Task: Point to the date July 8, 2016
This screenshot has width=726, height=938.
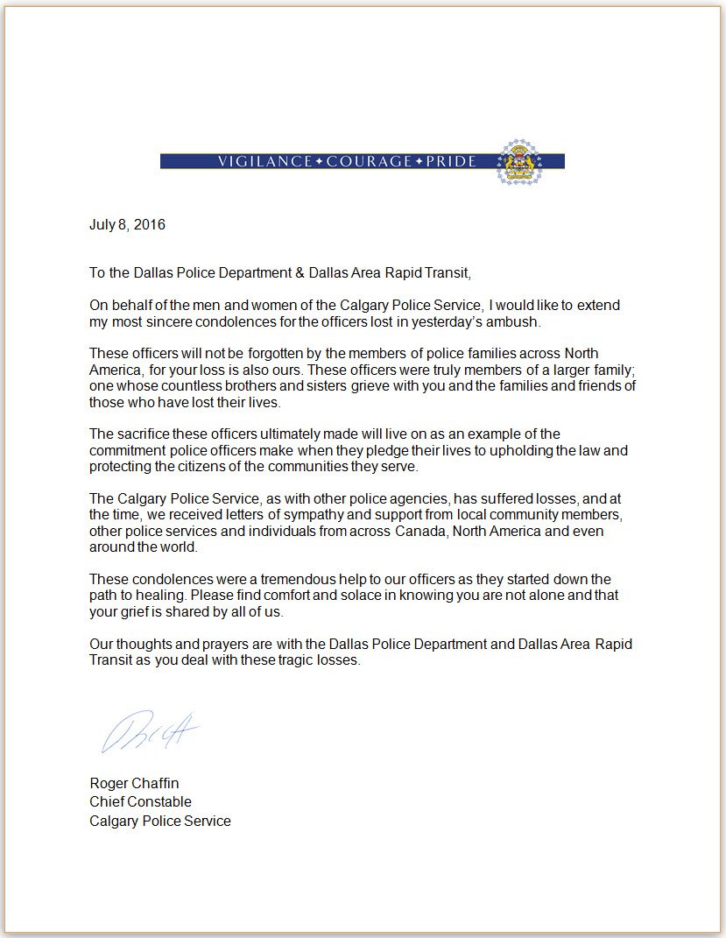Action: [127, 224]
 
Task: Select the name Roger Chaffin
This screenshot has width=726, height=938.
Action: [134, 783]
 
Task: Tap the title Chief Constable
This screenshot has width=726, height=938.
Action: [140, 801]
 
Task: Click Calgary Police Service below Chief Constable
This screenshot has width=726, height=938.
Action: [160, 821]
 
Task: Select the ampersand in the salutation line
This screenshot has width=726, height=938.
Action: [300, 272]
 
